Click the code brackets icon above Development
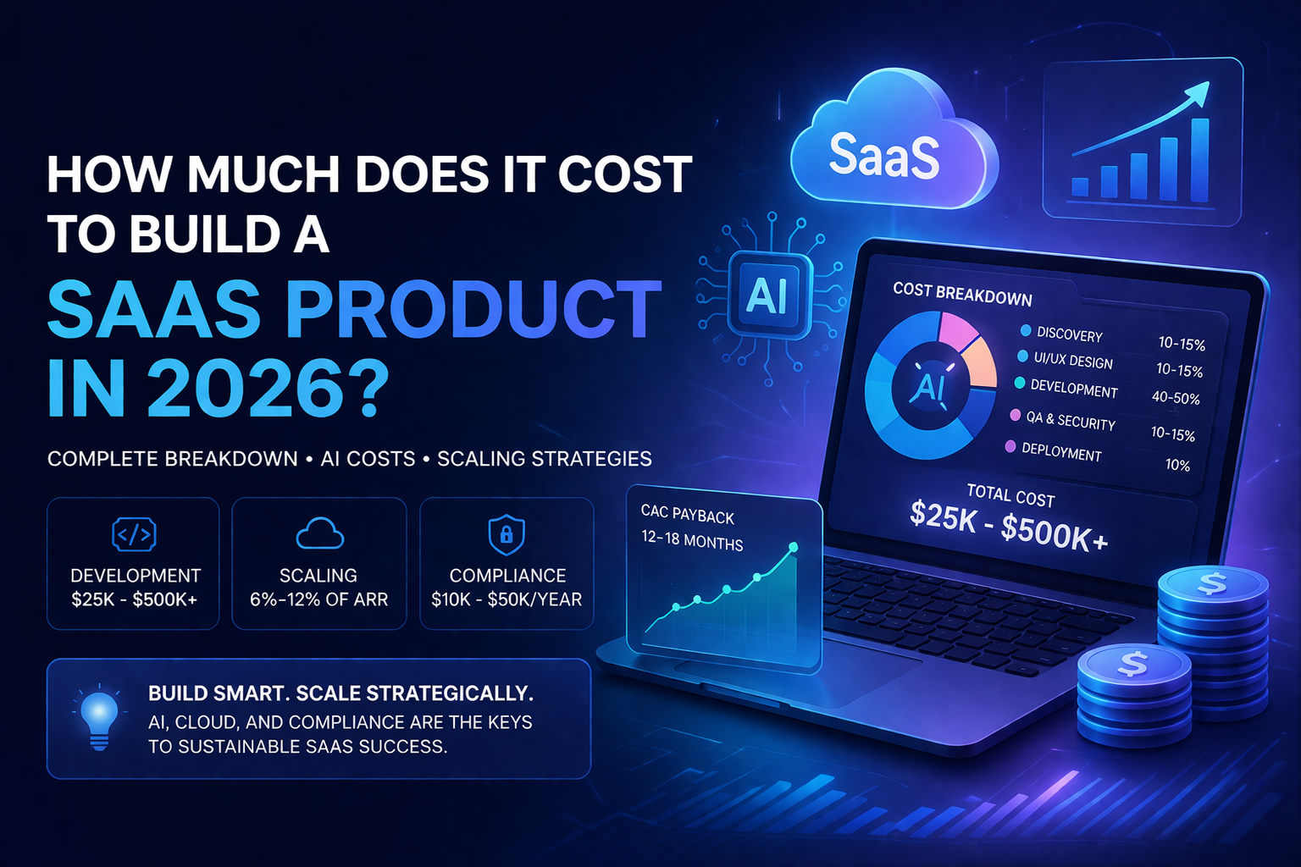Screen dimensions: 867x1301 (x=134, y=534)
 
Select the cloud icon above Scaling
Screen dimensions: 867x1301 (x=319, y=534)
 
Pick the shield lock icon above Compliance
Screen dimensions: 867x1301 (x=507, y=535)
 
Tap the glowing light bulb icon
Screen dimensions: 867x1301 (x=99, y=715)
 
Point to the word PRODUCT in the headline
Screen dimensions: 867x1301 (x=473, y=308)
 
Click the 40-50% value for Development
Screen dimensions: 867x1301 (x=1176, y=397)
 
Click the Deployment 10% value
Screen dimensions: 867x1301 (x=1177, y=465)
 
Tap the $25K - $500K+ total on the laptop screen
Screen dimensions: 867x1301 (x=1009, y=525)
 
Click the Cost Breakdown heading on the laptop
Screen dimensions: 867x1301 (x=962, y=294)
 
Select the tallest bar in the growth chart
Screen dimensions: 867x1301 (x=1199, y=159)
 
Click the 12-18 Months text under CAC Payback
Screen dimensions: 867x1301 (x=692, y=540)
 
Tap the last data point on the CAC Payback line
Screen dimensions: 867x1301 (x=793, y=548)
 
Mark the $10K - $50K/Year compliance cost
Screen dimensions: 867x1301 (x=507, y=599)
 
